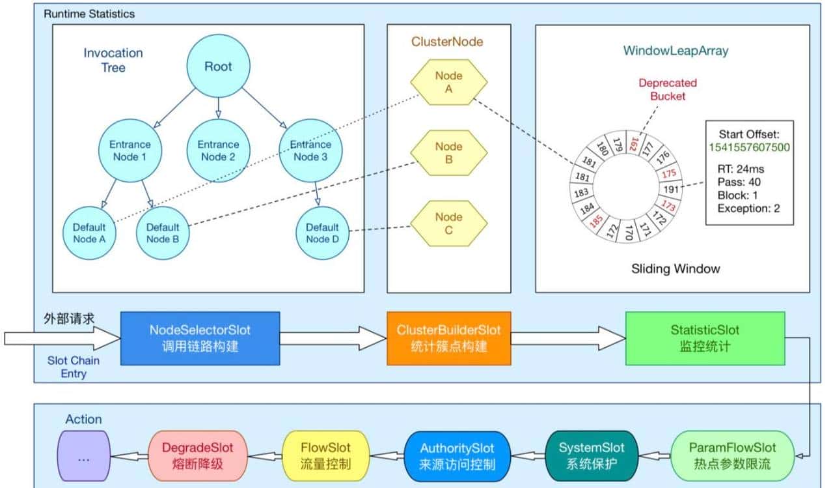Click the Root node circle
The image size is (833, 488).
click(218, 66)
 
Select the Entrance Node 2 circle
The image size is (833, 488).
click(218, 151)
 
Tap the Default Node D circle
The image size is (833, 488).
click(323, 233)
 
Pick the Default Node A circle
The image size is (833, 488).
click(89, 233)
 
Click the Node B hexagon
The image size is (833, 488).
click(448, 152)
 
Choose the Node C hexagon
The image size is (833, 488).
click(448, 223)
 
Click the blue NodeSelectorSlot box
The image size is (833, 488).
click(200, 337)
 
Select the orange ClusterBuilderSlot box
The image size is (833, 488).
click(449, 337)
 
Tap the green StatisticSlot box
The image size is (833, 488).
click(705, 337)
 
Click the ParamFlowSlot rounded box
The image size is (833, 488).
click(733, 455)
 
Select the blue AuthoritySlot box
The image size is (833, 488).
click(457, 455)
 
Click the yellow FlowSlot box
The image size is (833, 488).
click(325, 455)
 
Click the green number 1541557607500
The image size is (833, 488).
click(749, 147)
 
